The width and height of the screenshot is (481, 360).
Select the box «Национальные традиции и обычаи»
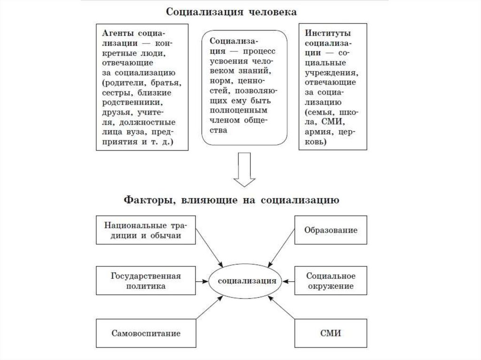point(146,230)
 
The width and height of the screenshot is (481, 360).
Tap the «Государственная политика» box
point(146,281)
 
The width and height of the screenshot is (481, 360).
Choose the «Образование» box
point(331,230)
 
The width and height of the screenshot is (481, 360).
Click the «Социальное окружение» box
point(331,281)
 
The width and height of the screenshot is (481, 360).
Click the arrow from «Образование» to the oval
point(281,248)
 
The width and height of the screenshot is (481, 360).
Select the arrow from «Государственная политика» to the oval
point(202,281)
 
